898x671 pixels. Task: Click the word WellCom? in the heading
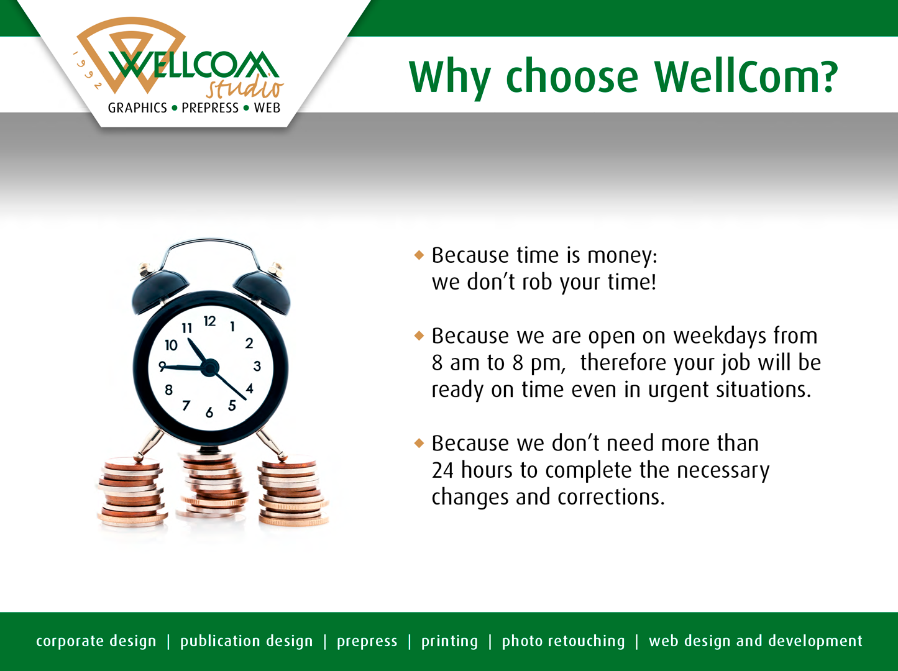pyautogui.click(x=746, y=77)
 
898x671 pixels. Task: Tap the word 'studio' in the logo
pyautogui.click(x=245, y=87)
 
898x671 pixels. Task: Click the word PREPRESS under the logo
pyautogui.click(x=210, y=108)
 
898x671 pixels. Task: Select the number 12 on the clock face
pyautogui.click(x=209, y=321)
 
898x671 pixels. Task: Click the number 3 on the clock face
pyautogui.click(x=257, y=366)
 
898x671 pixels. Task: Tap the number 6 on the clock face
pyautogui.click(x=209, y=413)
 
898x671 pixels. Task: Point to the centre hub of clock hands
pyautogui.click(x=210, y=368)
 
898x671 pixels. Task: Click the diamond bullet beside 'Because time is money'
pyautogui.click(x=419, y=255)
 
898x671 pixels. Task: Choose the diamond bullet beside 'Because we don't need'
pyautogui.click(x=419, y=443)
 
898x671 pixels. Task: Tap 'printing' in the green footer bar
pyautogui.click(x=449, y=641)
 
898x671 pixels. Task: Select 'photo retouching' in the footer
pyautogui.click(x=563, y=641)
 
